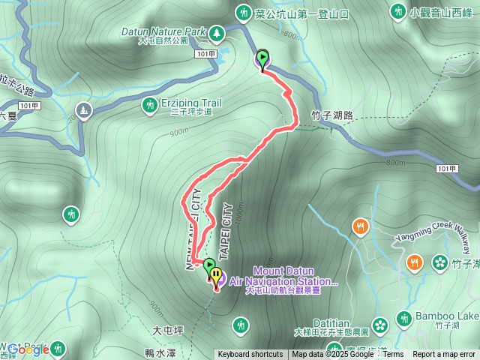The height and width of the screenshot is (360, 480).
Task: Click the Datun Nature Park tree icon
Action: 217,33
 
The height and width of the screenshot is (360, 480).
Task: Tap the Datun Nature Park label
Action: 163,32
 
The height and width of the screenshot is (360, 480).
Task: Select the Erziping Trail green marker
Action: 150,104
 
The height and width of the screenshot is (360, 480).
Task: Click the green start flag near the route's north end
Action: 262,58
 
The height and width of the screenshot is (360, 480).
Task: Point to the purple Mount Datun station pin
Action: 216,278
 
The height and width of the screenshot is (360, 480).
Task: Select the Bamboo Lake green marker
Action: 403,317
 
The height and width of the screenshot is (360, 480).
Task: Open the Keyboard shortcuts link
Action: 250,355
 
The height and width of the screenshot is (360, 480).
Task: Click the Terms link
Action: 393,355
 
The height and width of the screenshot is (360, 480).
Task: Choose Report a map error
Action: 444,355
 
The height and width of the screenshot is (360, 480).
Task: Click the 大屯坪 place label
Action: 167,329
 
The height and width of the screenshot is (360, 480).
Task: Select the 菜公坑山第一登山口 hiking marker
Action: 243,12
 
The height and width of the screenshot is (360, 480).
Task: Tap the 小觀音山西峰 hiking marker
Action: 398,12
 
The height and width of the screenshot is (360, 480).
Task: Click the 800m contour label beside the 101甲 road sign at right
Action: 396,162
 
